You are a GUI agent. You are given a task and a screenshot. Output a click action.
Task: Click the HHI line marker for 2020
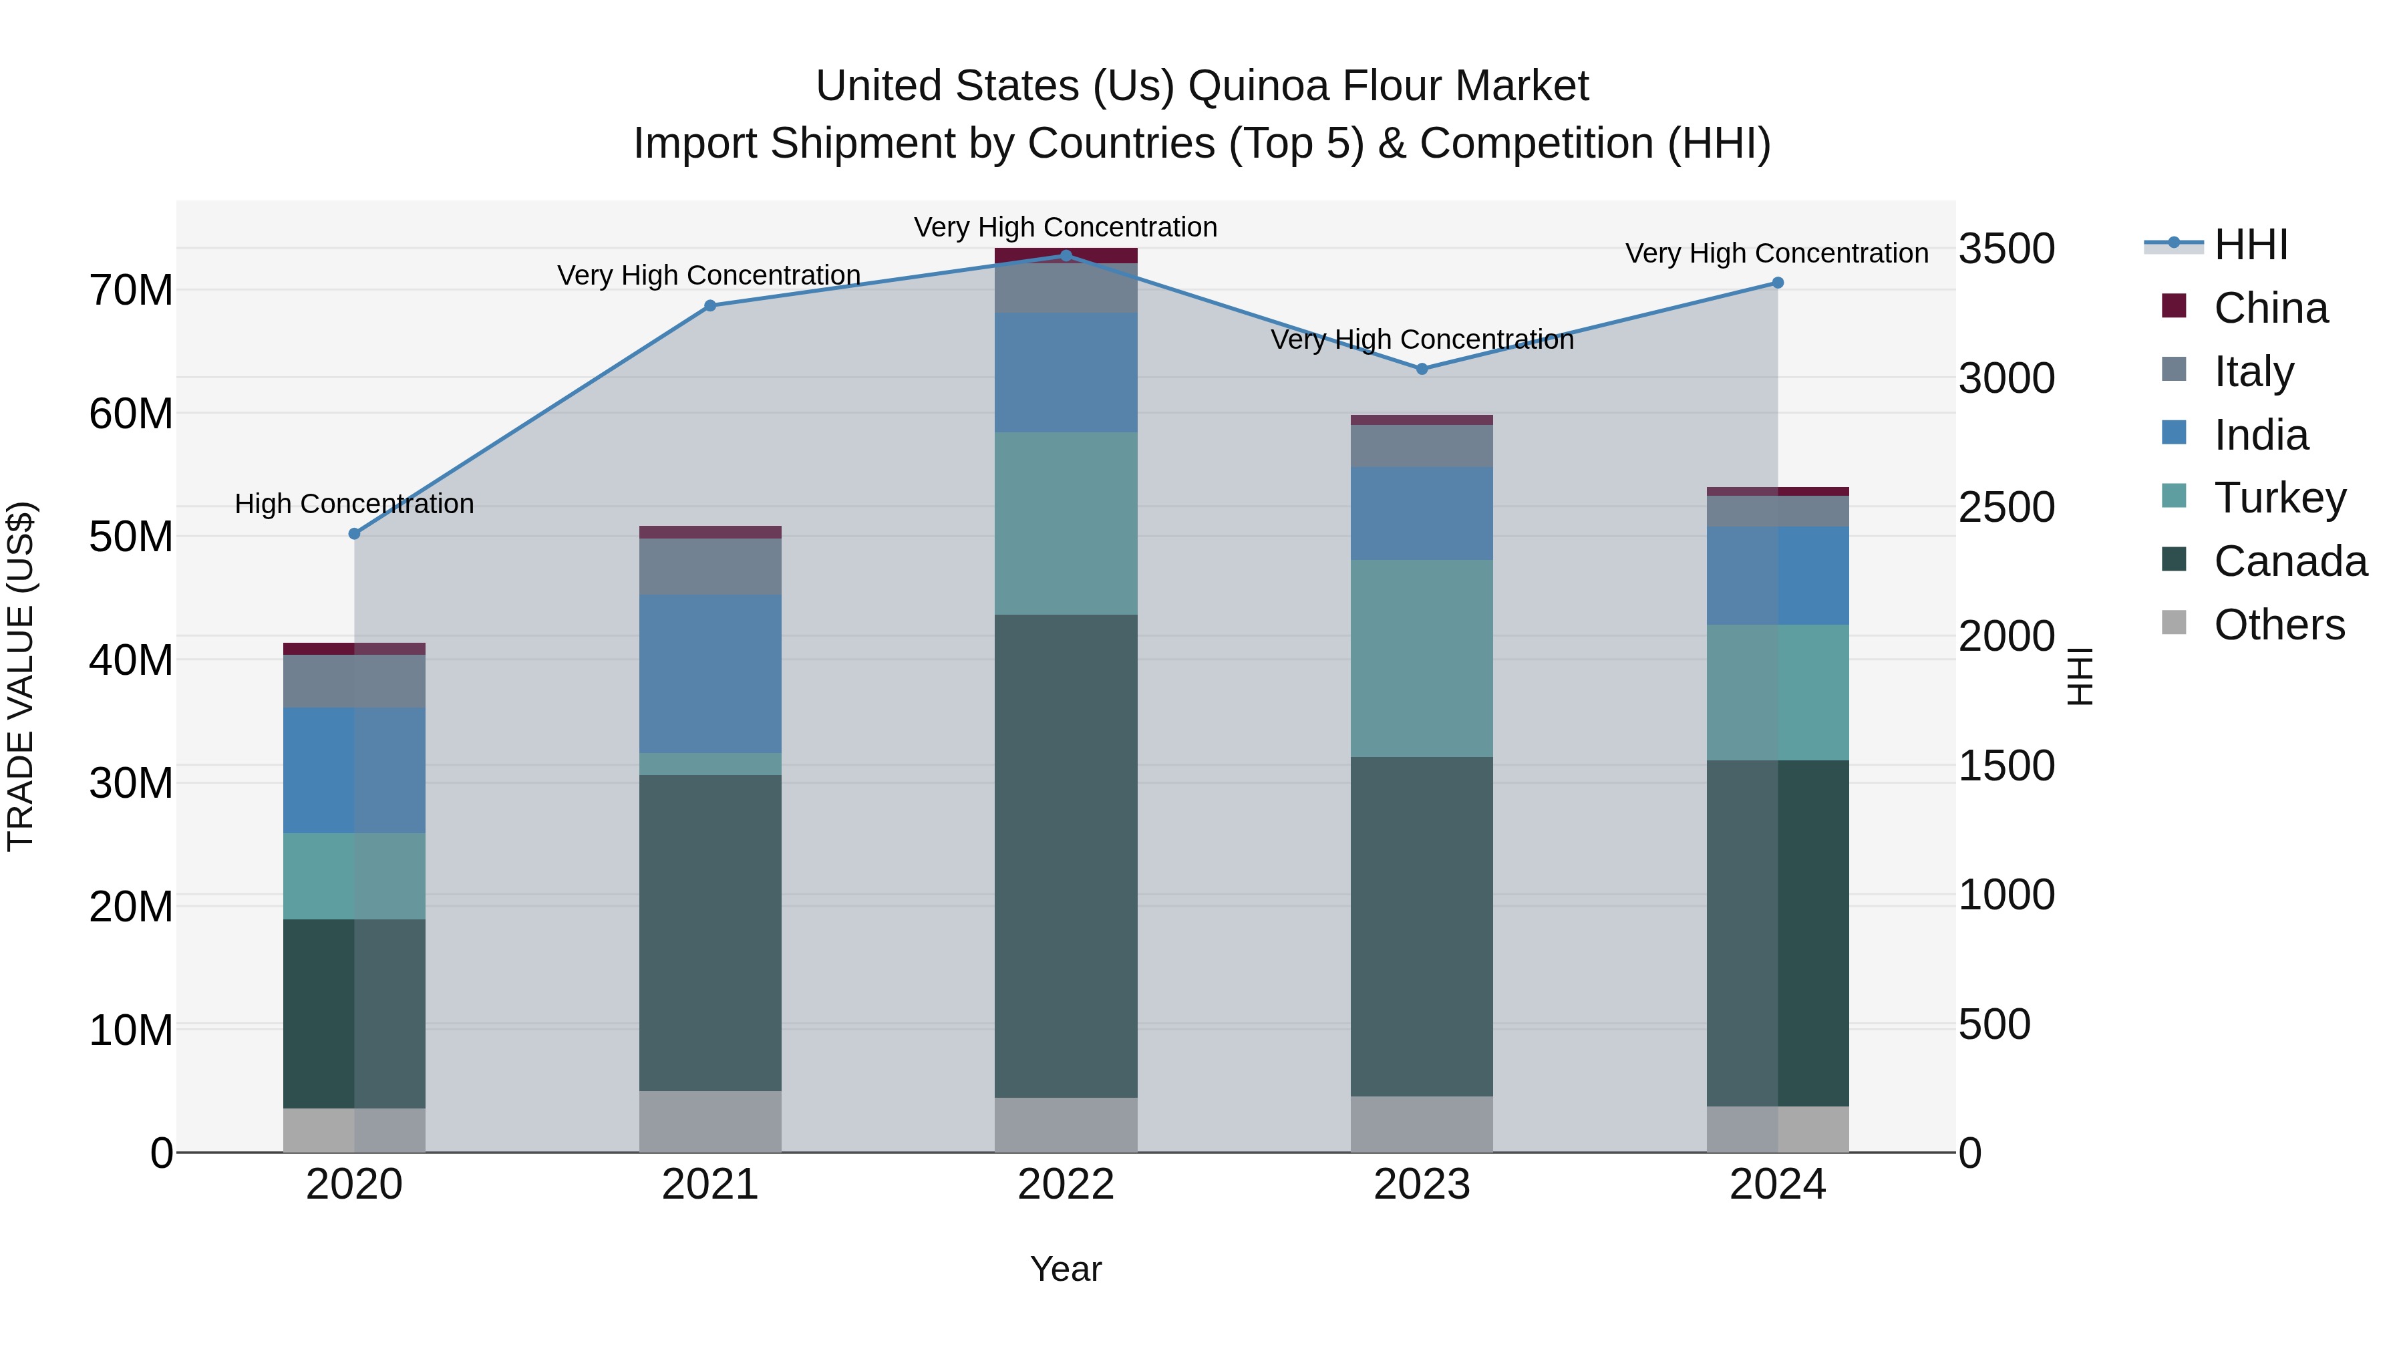pyautogui.click(x=354, y=534)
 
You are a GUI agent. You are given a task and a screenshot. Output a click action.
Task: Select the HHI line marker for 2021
pyautogui.click(x=709, y=305)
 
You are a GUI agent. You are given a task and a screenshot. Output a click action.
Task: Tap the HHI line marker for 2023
pyautogui.click(x=1422, y=369)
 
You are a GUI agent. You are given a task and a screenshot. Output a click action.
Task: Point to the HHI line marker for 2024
pyautogui.click(x=1778, y=283)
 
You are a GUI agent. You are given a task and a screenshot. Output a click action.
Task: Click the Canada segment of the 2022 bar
pyautogui.click(x=1066, y=855)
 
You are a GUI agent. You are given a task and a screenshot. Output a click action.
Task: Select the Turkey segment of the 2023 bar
pyautogui.click(x=1421, y=658)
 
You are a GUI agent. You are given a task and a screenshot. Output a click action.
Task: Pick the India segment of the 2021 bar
pyautogui.click(x=709, y=673)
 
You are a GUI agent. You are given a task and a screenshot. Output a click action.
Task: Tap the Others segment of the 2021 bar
pyautogui.click(x=709, y=1120)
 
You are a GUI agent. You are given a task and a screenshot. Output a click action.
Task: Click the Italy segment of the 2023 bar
pyautogui.click(x=1421, y=446)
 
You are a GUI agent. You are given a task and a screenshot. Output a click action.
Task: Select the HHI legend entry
pyautogui.click(x=2250, y=245)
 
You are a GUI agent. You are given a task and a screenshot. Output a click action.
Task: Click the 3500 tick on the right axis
pyautogui.click(x=2006, y=249)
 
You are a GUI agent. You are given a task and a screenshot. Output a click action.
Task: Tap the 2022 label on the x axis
pyautogui.click(x=1066, y=1185)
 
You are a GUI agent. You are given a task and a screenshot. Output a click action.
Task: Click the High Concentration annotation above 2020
pyautogui.click(x=354, y=504)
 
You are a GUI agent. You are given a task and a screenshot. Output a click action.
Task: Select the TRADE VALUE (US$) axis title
pyautogui.click(x=21, y=676)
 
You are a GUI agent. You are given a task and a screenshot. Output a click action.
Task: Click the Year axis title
pyautogui.click(x=1066, y=1269)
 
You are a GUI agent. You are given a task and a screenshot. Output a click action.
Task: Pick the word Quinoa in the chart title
pyautogui.click(x=1257, y=86)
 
